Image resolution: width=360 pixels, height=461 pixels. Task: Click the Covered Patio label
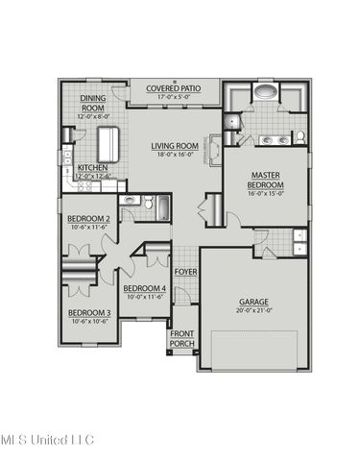(174, 87)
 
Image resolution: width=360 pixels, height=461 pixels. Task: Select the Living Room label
(174, 146)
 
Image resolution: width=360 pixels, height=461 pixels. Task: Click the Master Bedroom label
(265, 180)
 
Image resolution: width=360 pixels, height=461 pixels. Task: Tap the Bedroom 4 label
(145, 288)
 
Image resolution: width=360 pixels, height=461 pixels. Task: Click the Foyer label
(185, 272)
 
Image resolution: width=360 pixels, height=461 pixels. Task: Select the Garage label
(253, 303)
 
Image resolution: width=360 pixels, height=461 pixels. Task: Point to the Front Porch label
(182, 338)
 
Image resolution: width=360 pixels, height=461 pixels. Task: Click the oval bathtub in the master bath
(264, 94)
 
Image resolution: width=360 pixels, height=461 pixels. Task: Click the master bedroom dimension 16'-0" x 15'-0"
(265, 192)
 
